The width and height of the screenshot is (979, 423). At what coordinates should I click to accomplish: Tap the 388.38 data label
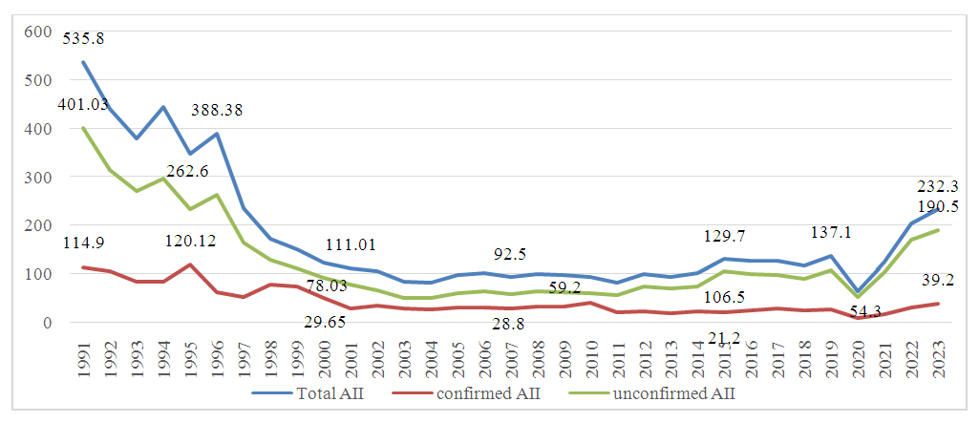click(x=218, y=110)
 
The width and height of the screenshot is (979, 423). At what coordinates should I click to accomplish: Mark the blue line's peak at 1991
click(x=83, y=63)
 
